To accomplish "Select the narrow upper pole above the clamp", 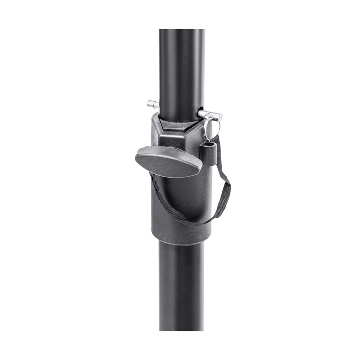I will tap(181, 67).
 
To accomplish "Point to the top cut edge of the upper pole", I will tap(181, 30).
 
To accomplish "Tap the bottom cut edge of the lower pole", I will tap(181, 329).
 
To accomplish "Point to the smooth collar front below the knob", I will tap(180, 202).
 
